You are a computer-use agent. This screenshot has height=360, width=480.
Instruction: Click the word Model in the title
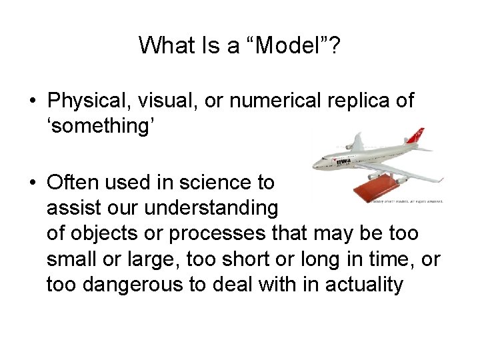[x=287, y=45]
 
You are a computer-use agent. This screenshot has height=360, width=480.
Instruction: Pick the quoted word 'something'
[x=100, y=125]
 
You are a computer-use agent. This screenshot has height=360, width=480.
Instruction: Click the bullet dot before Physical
[x=33, y=102]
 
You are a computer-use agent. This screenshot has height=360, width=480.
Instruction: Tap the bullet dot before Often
[x=33, y=182]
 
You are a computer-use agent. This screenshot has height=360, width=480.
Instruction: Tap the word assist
[x=73, y=208]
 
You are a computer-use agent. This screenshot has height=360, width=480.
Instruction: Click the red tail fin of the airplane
[x=416, y=136]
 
